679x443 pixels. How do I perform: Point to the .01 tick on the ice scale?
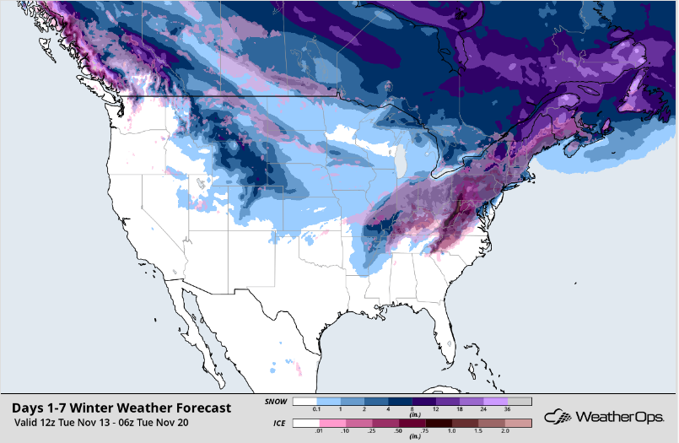(317, 432)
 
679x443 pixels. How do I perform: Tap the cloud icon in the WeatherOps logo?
(558, 416)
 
